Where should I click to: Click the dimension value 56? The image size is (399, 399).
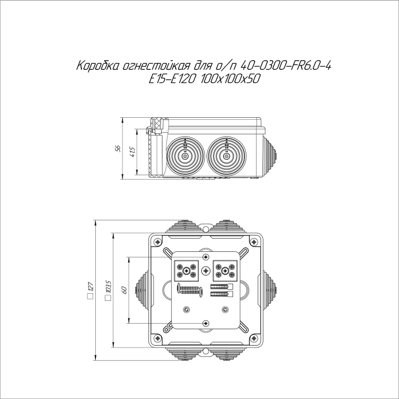(x=118, y=149)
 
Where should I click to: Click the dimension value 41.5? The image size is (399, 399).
(x=132, y=152)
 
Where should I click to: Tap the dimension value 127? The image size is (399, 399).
(x=90, y=287)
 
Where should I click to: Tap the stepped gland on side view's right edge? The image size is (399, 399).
(x=270, y=155)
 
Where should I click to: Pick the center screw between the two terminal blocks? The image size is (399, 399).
(x=206, y=271)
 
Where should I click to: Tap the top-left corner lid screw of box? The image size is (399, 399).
(x=158, y=242)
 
